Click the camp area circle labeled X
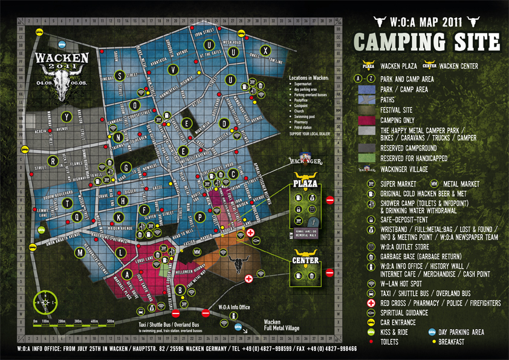(264, 50)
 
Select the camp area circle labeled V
(173, 69)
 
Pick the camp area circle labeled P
(200, 216)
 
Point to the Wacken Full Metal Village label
(279, 325)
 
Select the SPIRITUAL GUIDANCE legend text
(404, 313)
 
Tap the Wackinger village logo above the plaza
(302, 162)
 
